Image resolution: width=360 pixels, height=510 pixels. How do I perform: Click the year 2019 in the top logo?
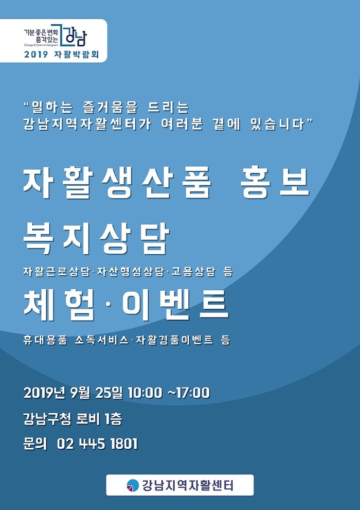[37, 55]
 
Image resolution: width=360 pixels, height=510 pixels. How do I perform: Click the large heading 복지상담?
[97, 239]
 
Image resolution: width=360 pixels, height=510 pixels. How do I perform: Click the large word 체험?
[59, 306]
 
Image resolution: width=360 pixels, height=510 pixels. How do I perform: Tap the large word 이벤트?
[175, 306]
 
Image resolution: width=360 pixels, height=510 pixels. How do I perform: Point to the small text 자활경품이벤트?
[175, 340]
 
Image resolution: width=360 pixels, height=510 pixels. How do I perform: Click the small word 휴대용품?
[45, 340]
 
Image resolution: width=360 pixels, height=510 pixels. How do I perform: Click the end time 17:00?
[192, 393]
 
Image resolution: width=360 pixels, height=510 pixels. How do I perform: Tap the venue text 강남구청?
[47, 419]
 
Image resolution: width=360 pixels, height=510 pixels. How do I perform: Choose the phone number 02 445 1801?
[98, 444]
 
